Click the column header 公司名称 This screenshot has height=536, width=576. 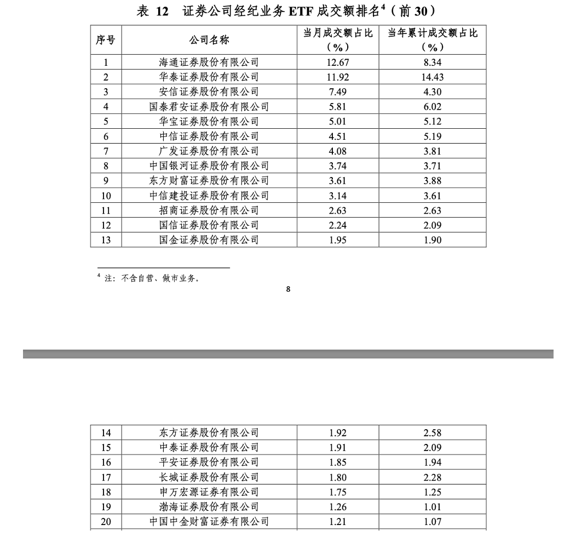coord(209,40)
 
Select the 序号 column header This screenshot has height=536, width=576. coord(106,40)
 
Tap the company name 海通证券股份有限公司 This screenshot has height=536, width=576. coord(209,62)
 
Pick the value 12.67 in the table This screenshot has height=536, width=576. coord(338,62)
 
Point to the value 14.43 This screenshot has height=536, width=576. coord(433,77)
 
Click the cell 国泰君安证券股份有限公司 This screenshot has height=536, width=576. coord(209,107)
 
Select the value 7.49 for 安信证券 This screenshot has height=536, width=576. coord(338,92)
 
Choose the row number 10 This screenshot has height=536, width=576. coord(106,196)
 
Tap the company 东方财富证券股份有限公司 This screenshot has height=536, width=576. coord(209,181)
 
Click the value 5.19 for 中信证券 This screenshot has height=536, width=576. coord(433,136)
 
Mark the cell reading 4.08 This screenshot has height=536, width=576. coord(338,151)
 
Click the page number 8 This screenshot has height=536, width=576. coord(288,289)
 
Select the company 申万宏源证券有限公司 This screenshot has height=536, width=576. coord(209,492)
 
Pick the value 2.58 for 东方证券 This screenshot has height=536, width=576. coord(433,433)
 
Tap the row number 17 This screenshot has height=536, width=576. coord(106,477)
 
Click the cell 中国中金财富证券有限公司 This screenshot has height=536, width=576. coord(209,522)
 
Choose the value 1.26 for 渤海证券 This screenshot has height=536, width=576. coord(338,507)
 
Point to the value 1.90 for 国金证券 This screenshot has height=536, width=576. coord(433,240)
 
